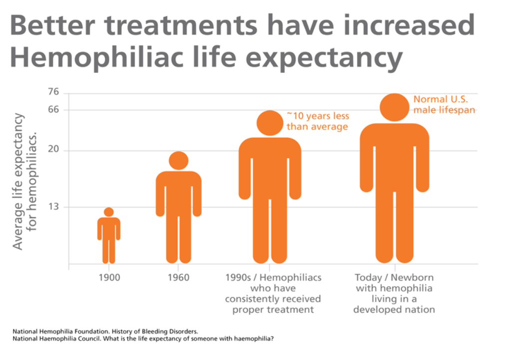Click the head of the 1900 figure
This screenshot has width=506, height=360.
(108, 212)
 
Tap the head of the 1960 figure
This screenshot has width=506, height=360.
(178, 160)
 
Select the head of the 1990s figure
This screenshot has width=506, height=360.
(270, 123)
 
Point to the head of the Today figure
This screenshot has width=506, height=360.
(395, 107)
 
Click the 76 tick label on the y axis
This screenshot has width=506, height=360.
(53, 92)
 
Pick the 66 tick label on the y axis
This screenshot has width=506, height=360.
(53, 109)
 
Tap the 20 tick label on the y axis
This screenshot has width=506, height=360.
(53, 150)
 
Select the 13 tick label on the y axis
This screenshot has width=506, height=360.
(53, 207)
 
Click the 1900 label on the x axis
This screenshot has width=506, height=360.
(108, 278)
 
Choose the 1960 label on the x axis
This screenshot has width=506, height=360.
(178, 278)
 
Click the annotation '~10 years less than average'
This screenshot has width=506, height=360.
(317, 121)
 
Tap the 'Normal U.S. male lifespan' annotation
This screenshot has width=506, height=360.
(444, 104)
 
